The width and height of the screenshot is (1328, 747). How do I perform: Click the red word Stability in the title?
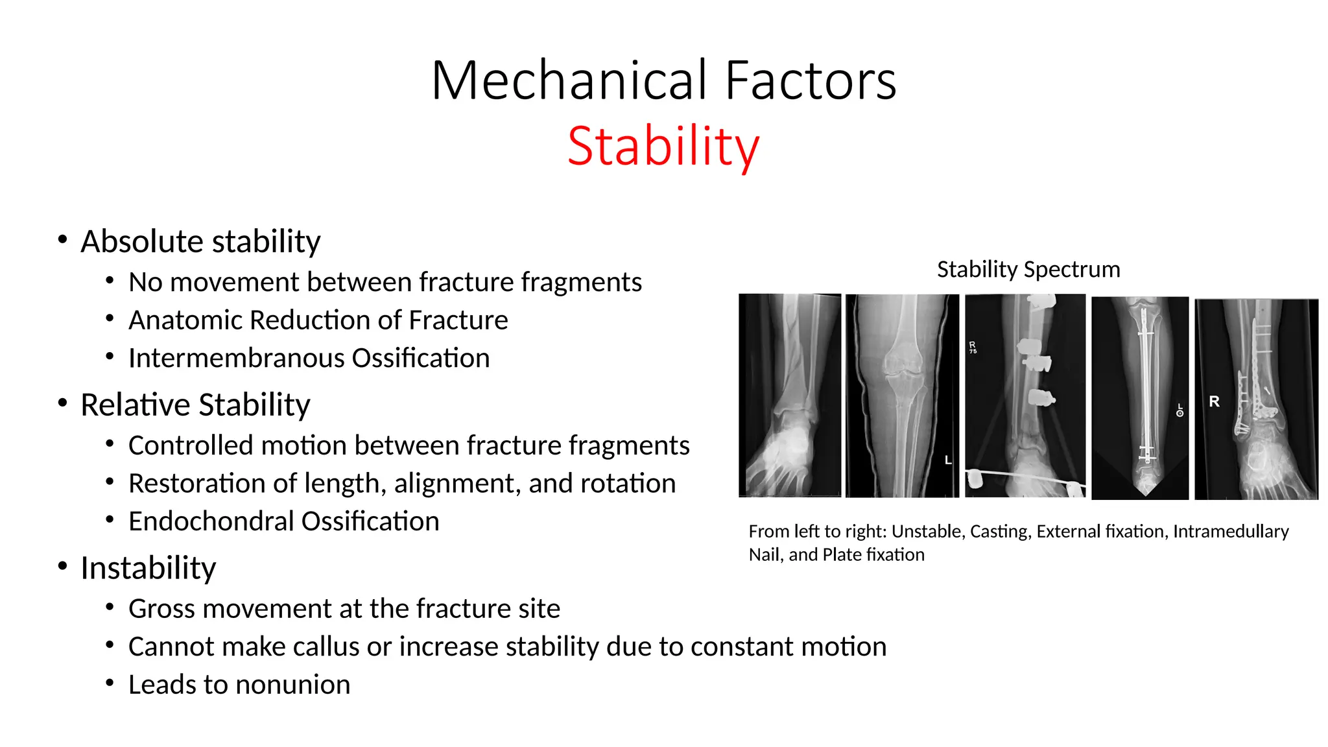pyautogui.click(x=663, y=147)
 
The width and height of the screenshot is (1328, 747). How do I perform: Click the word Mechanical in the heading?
pyautogui.click(x=571, y=80)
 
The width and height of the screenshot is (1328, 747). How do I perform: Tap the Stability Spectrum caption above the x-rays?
pyautogui.click(x=1028, y=269)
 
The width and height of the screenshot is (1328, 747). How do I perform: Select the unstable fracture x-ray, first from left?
pyautogui.click(x=789, y=396)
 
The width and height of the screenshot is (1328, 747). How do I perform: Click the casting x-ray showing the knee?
pyautogui.click(x=901, y=396)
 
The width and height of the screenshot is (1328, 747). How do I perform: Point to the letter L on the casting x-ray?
pyautogui.click(x=947, y=460)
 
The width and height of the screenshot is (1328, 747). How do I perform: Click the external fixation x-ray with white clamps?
pyautogui.click(x=1025, y=396)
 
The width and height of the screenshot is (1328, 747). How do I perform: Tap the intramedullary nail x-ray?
pyautogui.click(x=1140, y=397)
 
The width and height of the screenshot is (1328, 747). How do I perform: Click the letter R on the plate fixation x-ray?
pyautogui.click(x=1214, y=402)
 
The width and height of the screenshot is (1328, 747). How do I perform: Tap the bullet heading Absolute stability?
pyautogui.click(x=200, y=241)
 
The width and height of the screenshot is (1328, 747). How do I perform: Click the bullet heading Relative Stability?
pyautogui.click(x=195, y=405)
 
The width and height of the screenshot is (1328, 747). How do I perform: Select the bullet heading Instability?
pyautogui.click(x=148, y=568)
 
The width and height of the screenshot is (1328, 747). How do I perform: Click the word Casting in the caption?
pyautogui.click(x=999, y=532)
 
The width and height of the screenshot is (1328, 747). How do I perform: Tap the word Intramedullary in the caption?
pyautogui.click(x=1230, y=532)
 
